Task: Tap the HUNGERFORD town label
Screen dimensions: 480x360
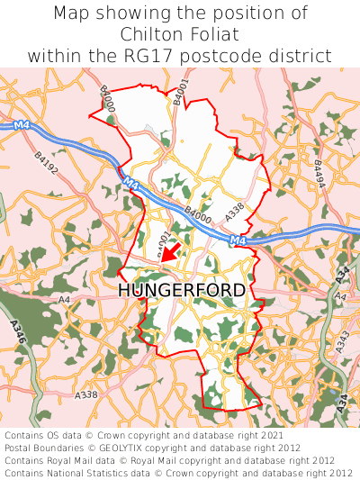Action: pyautogui.click(x=182, y=290)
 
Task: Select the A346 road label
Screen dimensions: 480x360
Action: pyautogui.click(x=20, y=332)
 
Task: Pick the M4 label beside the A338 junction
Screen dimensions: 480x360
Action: pyautogui.click(x=238, y=240)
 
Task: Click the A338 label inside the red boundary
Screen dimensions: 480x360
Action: pyautogui.click(x=235, y=213)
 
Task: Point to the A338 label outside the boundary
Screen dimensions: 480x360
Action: pyautogui.click(x=86, y=394)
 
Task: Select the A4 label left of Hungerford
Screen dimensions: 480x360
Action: pyautogui.click(x=64, y=299)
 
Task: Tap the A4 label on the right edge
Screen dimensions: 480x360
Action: pyautogui.click(x=340, y=295)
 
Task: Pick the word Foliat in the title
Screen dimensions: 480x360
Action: pyautogui.click(x=213, y=34)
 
